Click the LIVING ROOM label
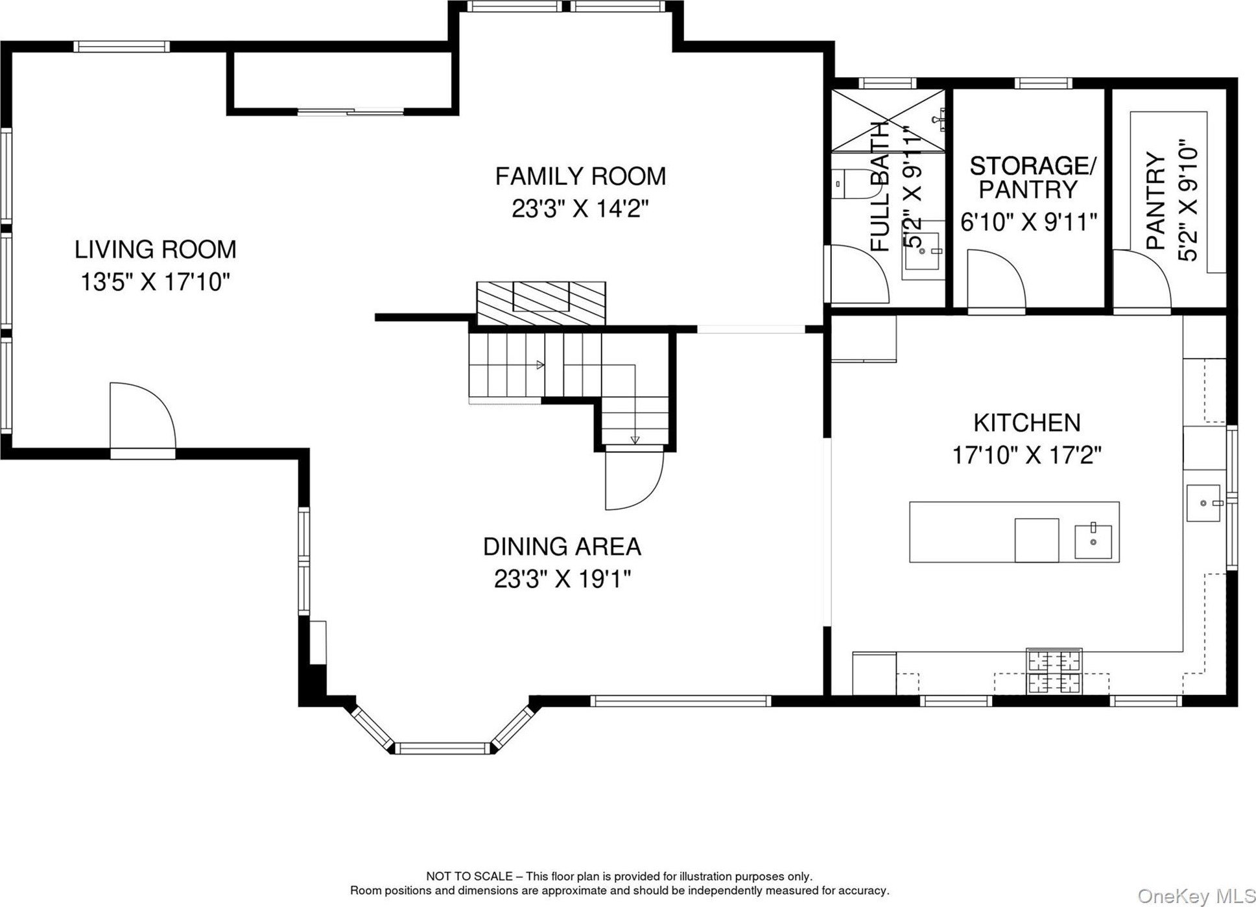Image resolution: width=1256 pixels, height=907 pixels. point(155,249)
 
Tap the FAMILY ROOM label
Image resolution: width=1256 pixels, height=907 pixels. point(580,176)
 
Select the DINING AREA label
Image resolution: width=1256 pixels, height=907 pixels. point(562,547)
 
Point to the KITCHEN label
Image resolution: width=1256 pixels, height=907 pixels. point(1027,423)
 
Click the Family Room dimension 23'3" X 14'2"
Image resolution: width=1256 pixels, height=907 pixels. point(580,209)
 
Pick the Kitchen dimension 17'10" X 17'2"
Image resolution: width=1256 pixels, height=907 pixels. point(1027,455)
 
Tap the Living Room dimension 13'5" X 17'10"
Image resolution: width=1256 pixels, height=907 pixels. point(155,282)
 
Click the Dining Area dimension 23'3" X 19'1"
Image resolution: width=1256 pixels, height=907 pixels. point(562,579)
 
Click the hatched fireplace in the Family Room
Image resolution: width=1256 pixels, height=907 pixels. point(541,303)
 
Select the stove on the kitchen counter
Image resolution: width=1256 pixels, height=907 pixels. point(1054,670)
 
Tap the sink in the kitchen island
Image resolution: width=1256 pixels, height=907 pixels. point(1093,541)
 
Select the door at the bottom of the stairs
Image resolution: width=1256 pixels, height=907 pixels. point(634,479)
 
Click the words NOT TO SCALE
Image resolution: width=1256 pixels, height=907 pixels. point(468,877)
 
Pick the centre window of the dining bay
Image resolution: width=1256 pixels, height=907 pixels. point(444,748)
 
